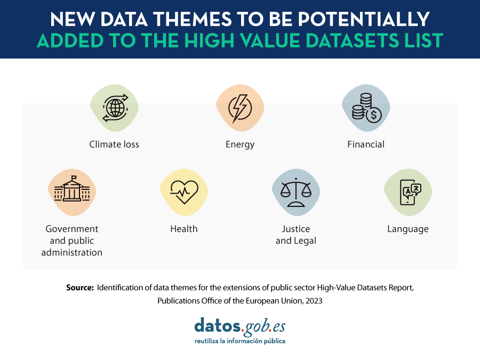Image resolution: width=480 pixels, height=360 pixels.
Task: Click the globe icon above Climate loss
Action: coord(115,108)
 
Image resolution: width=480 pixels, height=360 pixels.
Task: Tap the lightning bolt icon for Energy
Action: coord(240,108)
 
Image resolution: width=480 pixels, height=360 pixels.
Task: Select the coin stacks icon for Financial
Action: coord(366,108)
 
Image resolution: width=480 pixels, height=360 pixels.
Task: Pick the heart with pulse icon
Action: coord(184,192)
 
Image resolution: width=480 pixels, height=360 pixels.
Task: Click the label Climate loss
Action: coord(114,144)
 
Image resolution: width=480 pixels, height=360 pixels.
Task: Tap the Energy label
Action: coord(240,145)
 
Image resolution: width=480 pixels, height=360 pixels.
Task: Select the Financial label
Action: coord(366,144)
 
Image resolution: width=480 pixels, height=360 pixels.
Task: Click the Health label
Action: coord(184,229)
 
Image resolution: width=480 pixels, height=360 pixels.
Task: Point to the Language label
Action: coord(408,229)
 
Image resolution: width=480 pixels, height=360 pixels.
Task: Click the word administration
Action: coord(72,252)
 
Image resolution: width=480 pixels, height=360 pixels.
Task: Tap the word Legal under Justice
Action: coord(305,241)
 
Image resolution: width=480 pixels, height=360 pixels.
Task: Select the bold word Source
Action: coord(80,288)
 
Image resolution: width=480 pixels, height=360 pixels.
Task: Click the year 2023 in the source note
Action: coord(314,301)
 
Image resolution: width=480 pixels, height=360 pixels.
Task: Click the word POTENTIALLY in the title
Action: coord(364,19)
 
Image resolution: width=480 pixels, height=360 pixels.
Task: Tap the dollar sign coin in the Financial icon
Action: coord(374,115)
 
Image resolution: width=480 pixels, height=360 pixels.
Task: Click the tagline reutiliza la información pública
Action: coord(240,341)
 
